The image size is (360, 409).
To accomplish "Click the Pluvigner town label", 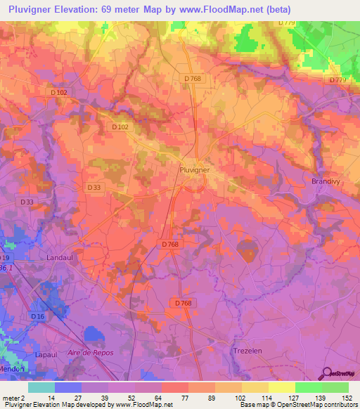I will [193, 169].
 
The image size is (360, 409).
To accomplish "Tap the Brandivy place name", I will [326, 181].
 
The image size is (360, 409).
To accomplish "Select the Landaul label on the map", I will [61, 257].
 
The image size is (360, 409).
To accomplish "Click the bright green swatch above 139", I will [308, 387].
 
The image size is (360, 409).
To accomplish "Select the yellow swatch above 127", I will [281, 387].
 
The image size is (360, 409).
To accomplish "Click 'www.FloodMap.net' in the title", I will [214, 8].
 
